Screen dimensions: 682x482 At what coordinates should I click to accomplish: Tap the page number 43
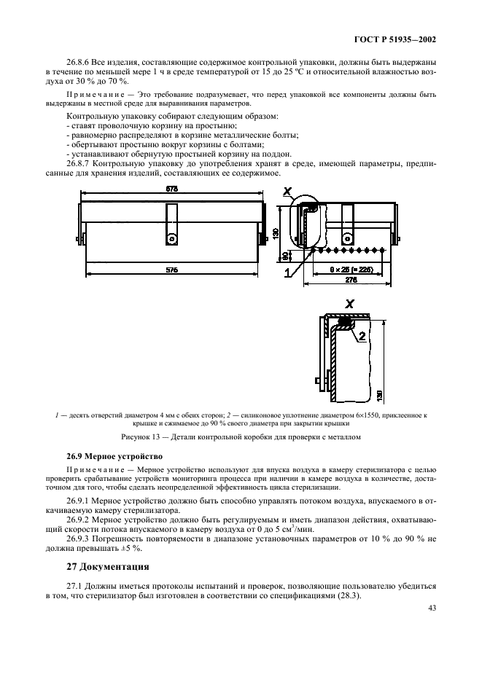(432, 610)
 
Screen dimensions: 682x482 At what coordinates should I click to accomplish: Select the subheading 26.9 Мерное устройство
(111, 455)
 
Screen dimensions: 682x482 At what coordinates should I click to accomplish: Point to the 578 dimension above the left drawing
(172, 188)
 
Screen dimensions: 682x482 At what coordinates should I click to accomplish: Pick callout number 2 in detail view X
(361, 337)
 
